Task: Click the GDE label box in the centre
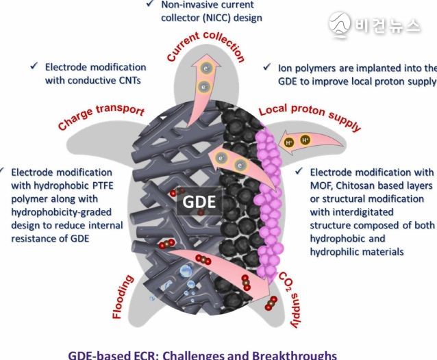(199, 202)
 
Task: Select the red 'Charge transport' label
(101, 116)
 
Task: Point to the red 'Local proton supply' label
(310, 117)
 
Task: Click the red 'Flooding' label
(123, 296)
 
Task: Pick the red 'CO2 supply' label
(290, 300)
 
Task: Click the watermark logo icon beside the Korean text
(339, 25)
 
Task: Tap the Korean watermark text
(387, 26)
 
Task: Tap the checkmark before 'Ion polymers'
(267, 67)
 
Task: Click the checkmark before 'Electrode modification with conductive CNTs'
(34, 66)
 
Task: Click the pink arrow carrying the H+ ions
(310, 142)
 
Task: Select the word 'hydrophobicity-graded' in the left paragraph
(62, 212)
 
